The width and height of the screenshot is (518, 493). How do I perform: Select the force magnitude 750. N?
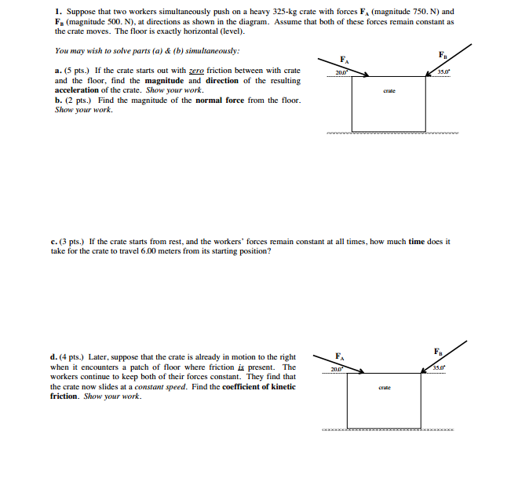pyautogui.click(x=424, y=13)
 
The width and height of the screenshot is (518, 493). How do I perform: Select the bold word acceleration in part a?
pyautogui.click(x=78, y=90)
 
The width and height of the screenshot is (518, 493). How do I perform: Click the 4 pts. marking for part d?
pyautogui.click(x=75, y=358)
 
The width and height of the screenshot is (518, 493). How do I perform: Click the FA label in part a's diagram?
pyautogui.click(x=343, y=60)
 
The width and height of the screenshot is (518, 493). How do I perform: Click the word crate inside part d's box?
pyautogui.click(x=384, y=388)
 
